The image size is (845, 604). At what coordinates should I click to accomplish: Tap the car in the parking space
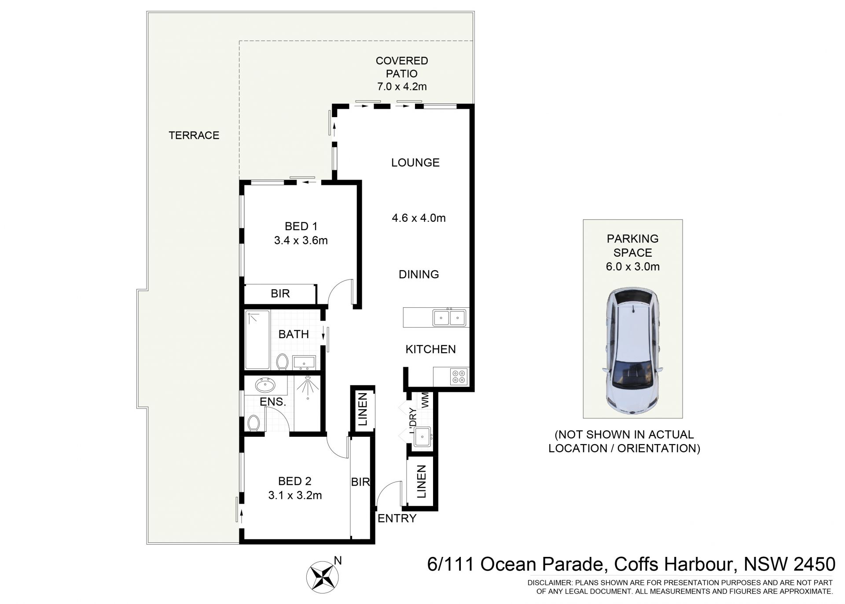(633, 351)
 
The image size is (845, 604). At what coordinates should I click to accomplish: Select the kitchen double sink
(449, 317)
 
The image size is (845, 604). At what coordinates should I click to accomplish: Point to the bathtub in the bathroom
(257, 340)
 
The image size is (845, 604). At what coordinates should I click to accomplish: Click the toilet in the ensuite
(253, 423)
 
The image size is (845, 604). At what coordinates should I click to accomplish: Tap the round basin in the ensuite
(265, 386)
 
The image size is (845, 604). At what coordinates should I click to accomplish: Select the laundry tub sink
(422, 437)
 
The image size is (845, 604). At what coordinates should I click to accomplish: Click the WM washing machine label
(425, 400)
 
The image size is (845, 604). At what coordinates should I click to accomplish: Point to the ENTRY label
(397, 518)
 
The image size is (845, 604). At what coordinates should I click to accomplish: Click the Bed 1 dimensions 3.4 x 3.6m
(301, 240)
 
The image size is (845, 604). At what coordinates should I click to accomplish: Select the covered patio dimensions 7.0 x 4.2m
(402, 86)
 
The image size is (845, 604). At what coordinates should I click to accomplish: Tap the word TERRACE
(194, 135)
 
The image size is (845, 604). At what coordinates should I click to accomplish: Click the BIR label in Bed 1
(280, 294)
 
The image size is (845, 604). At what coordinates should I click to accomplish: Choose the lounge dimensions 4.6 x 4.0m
(419, 218)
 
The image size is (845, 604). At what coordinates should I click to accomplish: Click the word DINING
(419, 274)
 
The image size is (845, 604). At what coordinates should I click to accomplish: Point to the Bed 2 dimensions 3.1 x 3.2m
(295, 495)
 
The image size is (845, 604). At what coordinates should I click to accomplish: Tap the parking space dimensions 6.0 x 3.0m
(632, 266)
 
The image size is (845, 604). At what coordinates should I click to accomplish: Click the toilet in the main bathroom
(282, 361)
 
